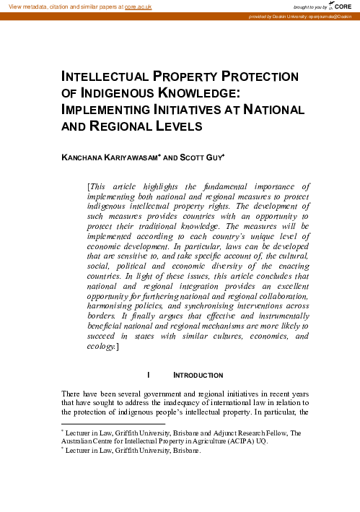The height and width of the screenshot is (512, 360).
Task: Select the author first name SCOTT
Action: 193,155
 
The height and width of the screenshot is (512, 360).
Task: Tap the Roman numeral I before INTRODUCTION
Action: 148,376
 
